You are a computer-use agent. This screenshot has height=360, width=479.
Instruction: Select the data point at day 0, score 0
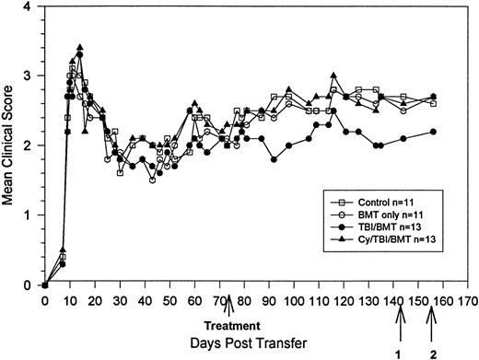click(x=44, y=285)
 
